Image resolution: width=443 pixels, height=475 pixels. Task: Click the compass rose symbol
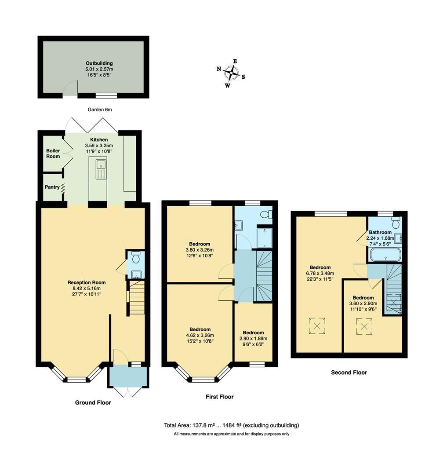pyautogui.click(x=231, y=72)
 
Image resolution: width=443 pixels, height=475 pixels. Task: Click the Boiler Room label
pyautogui.click(x=53, y=153)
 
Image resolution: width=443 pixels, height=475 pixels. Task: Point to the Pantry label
pyautogui.click(x=52, y=187)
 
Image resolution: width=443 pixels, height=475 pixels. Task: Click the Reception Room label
pyautogui.click(x=86, y=282)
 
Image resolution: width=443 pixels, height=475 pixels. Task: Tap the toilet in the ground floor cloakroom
pyautogui.click(x=135, y=256)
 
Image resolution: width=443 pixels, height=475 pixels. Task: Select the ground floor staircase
pyautogui.click(x=137, y=299)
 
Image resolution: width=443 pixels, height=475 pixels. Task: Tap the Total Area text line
pyautogui.click(x=231, y=425)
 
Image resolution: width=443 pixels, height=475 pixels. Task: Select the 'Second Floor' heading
pyautogui.click(x=349, y=373)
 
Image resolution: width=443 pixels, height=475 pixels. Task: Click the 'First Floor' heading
pyautogui.click(x=220, y=397)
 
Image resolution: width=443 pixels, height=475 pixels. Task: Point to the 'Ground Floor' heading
pyautogui.click(x=93, y=402)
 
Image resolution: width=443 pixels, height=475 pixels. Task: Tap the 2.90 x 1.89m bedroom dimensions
pyautogui.click(x=253, y=339)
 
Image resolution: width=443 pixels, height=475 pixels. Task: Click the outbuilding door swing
pyautogui.click(x=69, y=89)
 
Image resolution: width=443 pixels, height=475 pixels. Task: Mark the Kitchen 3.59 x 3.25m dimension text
pyautogui.click(x=99, y=146)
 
